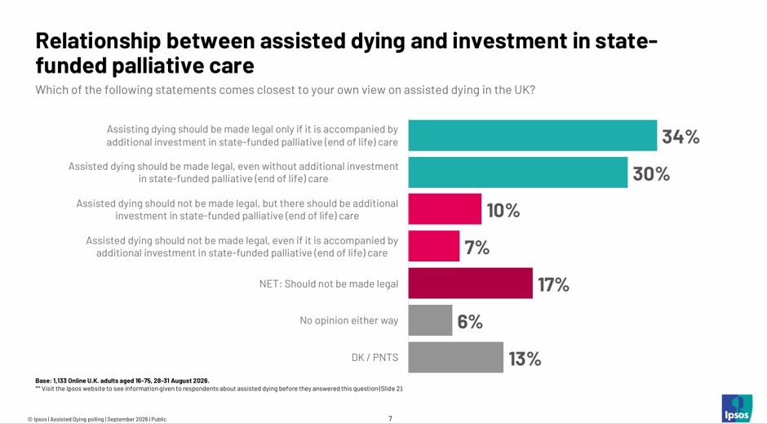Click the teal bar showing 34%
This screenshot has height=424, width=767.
pos(533,135)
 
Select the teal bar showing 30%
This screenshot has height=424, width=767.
pos(518,172)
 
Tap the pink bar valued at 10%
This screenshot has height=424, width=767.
pos(445,209)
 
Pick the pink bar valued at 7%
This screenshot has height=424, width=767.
pos(434,246)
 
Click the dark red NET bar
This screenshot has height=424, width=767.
pos(471,283)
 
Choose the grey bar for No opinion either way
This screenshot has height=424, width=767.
pos(431,320)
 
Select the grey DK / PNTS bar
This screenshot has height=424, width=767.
pos(456,357)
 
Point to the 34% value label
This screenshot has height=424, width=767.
pos(681,136)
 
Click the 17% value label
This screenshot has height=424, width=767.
pos(554,284)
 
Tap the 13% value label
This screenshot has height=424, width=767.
pos(525,359)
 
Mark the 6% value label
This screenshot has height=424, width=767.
pos(470,322)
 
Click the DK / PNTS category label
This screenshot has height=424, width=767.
pos(375,357)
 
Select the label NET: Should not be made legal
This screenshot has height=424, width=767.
pos(329,284)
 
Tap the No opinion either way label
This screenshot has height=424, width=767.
pos(348,321)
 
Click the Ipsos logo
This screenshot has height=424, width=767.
pos(737,408)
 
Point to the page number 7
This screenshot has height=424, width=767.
pos(390,418)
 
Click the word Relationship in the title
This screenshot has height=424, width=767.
pos(98,42)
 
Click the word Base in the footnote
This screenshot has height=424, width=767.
pos(42,381)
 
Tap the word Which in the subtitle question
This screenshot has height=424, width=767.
pos(51,90)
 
